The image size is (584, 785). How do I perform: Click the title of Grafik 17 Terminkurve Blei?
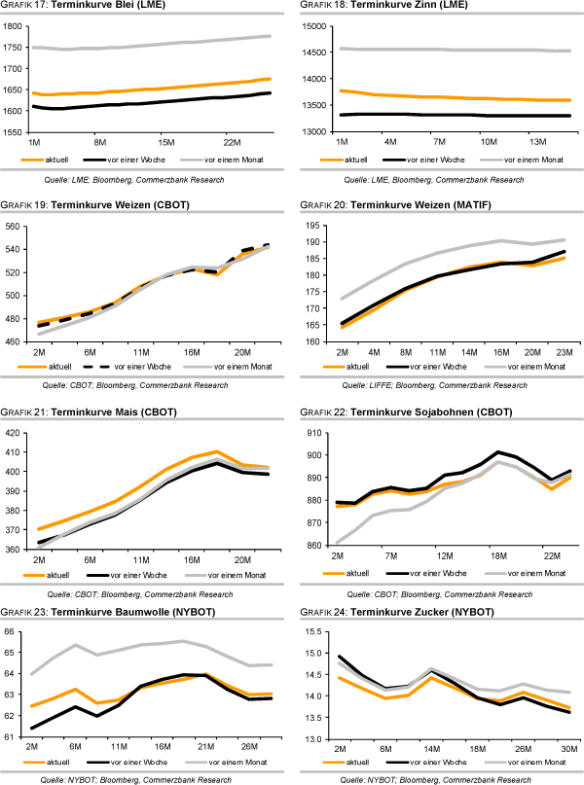(x=78, y=9)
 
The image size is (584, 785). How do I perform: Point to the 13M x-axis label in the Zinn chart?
(x=539, y=140)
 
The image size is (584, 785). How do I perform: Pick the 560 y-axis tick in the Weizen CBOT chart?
(x=15, y=226)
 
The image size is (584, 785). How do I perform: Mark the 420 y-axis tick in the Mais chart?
(x=15, y=432)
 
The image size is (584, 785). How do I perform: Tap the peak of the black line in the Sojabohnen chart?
(x=498, y=451)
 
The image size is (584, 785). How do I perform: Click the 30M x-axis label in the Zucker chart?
(x=567, y=749)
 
